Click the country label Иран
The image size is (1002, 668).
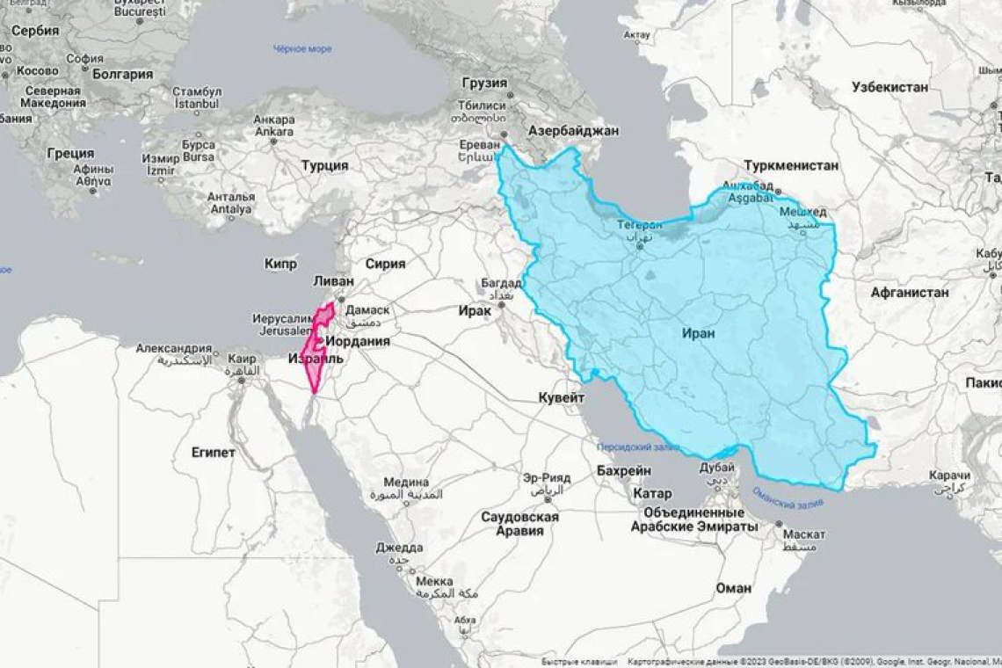pos(698,333)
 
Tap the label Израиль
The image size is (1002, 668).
pos(315,359)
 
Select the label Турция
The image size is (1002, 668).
pos(324,165)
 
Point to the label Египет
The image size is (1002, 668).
pos(214,452)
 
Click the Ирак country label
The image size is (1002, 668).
pos(475,310)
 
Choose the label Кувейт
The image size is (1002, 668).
pos(561,397)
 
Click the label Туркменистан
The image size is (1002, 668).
pos(790,165)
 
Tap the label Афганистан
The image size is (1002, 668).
pos(910,293)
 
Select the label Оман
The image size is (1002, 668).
pos(733,587)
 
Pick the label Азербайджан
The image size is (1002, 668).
pos(573,130)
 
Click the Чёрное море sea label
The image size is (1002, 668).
pos(301,49)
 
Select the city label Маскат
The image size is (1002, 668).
pos(803,534)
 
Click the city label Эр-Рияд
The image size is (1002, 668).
pos(546,477)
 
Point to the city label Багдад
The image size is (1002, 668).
pos(501,284)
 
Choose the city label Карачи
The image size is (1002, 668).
pos(949,476)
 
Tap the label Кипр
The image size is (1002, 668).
pos(280,263)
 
